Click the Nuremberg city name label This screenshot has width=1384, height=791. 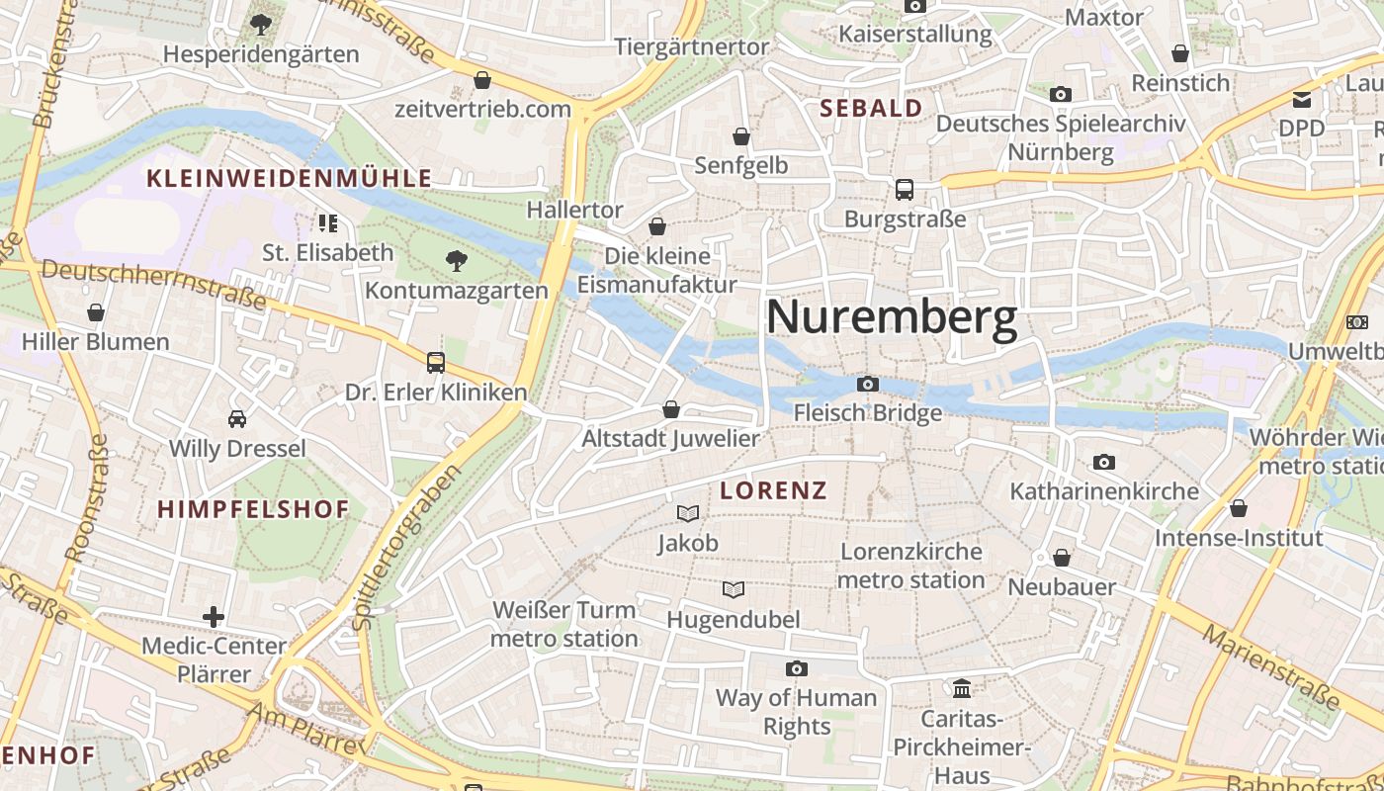click(891, 317)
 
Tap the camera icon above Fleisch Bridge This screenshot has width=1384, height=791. click(867, 384)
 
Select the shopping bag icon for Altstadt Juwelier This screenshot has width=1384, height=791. click(671, 409)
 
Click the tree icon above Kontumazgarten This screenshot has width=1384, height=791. click(456, 261)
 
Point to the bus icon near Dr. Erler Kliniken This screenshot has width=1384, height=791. click(436, 363)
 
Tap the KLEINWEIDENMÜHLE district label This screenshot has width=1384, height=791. click(289, 178)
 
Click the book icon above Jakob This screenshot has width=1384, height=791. click(688, 513)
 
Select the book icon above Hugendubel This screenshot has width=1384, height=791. click(733, 590)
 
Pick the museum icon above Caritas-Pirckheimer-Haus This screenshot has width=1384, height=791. click(961, 687)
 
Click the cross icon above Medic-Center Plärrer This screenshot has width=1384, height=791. click(214, 617)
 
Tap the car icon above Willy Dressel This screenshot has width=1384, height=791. click(237, 419)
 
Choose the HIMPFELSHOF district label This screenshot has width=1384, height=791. click(253, 509)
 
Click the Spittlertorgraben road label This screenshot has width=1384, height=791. click(406, 547)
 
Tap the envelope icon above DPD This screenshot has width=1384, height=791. click(1301, 99)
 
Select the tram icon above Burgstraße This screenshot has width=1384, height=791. click(904, 189)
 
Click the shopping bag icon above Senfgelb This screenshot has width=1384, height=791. click(741, 136)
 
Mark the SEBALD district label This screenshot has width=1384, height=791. click(871, 108)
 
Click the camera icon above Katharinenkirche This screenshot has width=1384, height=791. click(1103, 462)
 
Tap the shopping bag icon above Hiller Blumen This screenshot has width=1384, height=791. click(96, 313)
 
